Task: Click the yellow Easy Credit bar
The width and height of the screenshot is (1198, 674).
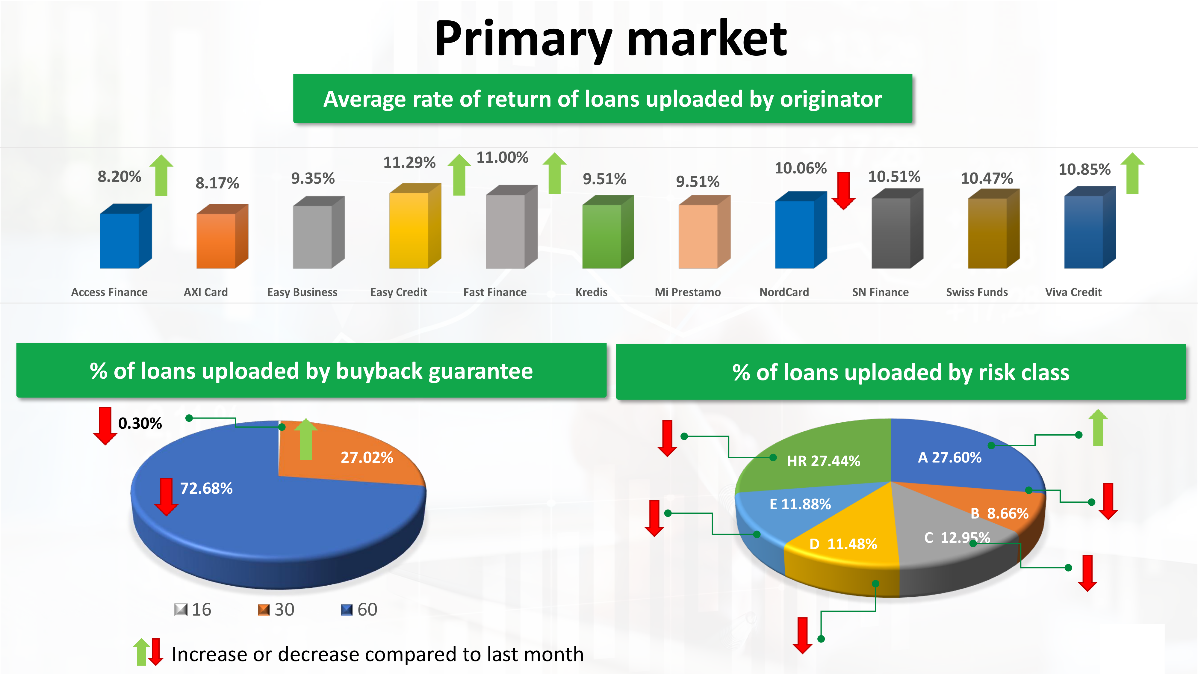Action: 415,226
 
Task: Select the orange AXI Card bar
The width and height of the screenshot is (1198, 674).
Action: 222,236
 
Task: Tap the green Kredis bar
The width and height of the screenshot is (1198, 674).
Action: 608,232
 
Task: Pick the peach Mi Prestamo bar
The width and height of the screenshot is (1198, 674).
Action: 704,232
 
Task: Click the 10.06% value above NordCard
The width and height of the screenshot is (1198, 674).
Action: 800,168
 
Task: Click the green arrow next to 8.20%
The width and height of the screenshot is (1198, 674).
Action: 161,175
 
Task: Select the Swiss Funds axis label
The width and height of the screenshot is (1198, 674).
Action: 977,292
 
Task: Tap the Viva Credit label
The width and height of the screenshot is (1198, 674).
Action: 1073,292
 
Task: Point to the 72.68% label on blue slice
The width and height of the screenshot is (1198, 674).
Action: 206,488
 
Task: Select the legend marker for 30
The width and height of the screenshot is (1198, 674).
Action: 264,609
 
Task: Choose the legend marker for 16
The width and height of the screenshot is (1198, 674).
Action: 180,609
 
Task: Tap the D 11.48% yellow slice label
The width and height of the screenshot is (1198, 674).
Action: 843,544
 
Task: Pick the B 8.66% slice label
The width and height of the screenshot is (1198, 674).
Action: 999,513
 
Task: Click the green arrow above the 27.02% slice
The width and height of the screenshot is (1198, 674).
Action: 306,439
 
